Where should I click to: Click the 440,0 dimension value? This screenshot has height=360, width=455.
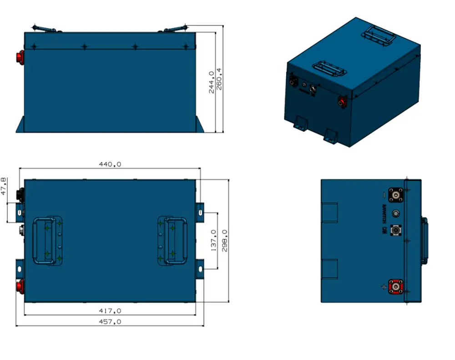(x=110, y=164)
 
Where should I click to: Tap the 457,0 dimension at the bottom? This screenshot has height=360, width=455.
(x=110, y=321)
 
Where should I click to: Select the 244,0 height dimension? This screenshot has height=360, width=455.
(x=212, y=82)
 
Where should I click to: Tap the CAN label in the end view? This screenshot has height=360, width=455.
(x=384, y=231)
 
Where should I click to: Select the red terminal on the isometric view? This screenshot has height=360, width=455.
(x=341, y=101)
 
